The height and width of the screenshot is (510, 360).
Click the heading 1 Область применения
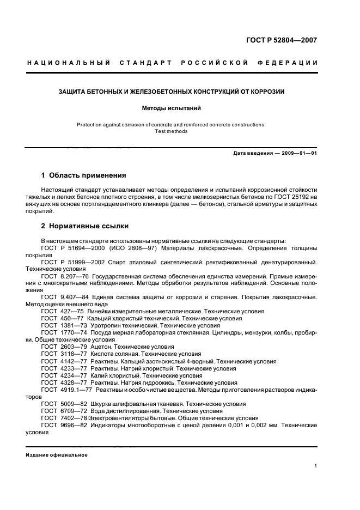tap(84, 175)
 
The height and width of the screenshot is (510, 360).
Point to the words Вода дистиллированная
tap(125, 411)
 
